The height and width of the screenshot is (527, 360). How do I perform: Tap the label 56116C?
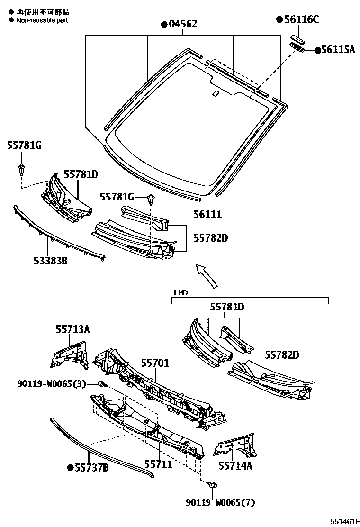click(301, 19)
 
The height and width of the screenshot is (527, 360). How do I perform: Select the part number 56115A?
click(337, 49)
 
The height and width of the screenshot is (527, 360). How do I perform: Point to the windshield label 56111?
click(207, 215)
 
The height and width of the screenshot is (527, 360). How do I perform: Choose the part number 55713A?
click(72, 329)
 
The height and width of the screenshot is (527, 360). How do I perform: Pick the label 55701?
click(154, 363)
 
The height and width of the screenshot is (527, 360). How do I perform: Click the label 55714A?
click(235, 465)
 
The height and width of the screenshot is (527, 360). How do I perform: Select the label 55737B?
click(92, 468)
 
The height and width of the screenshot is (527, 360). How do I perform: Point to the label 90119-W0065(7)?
click(223, 502)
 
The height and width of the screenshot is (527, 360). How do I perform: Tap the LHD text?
click(180, 293)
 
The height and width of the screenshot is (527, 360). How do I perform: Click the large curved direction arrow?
click(208, 275)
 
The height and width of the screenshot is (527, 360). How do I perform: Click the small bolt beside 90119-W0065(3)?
click(101, 384)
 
